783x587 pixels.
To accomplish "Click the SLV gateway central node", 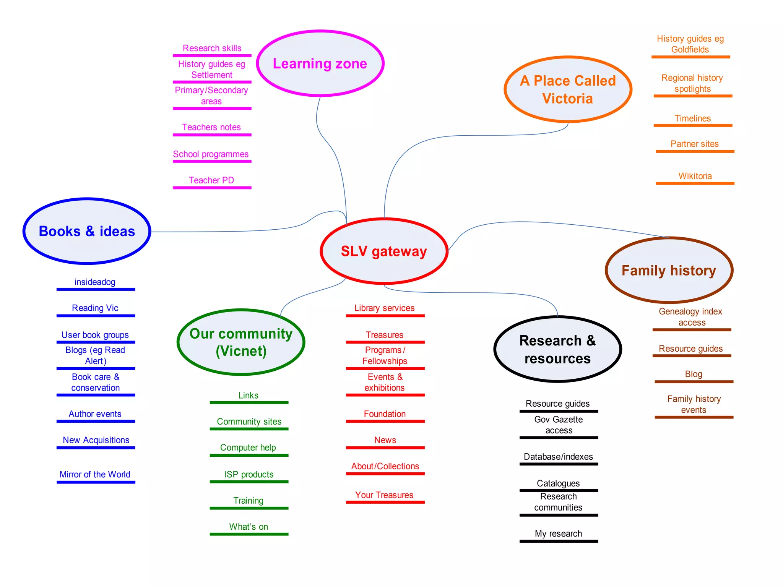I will [384, 251].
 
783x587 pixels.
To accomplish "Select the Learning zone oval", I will [320, 63].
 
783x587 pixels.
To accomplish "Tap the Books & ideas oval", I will [87, 231].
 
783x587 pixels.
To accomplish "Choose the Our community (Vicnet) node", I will [241, 342].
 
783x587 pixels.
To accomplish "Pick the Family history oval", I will [669, 270].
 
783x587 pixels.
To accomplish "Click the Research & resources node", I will [557, 349].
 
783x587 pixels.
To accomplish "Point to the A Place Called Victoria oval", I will [568, 89].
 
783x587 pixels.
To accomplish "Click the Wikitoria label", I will [695, 176].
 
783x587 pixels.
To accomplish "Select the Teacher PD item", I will [211, 180].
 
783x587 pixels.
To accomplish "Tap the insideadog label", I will [95, 282].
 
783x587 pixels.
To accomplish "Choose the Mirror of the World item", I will [95, 474].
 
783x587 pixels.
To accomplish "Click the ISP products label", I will [249, 474].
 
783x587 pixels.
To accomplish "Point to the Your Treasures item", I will [384, 495].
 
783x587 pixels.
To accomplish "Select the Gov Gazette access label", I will [559, 425].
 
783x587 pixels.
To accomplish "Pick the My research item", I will [558, 533].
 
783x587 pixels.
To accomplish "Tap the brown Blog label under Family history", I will [694, 374].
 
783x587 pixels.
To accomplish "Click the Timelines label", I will [692, 118].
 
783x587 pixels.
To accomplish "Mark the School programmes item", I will [211, 154].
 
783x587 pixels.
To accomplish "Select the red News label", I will [385, 440].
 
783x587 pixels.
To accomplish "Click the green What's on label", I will [249, 527].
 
